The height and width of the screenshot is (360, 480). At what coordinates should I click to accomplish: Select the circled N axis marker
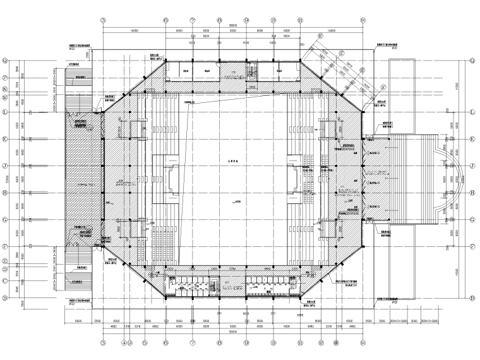[6, 89]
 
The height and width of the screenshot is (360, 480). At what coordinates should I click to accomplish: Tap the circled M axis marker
[6, 98]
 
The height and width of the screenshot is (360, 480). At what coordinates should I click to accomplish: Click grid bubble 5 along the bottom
[145, 344]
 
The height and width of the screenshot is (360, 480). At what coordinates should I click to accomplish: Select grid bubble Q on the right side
[472, 61]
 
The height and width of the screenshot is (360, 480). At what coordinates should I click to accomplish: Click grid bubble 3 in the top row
[103, 20]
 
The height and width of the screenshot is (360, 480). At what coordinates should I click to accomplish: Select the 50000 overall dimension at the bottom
[233, 330]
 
